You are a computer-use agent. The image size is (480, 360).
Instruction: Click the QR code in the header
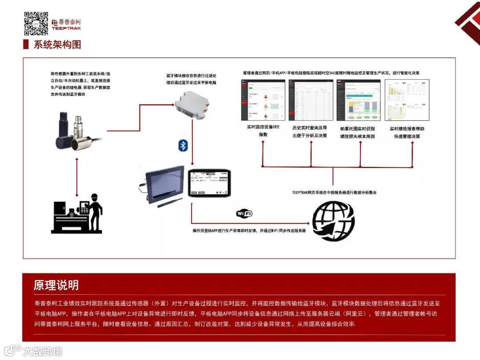[x=36, y=24]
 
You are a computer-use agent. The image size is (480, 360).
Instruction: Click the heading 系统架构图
[x=57, y=44]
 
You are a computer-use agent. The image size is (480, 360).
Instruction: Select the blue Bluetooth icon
[x=183, y=145]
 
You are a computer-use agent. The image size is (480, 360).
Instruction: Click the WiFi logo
[x=244, y=213]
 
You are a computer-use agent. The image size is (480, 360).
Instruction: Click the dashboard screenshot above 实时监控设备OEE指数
[x=263, y=100]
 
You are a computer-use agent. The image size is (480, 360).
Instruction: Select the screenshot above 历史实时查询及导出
[x=311, y=100]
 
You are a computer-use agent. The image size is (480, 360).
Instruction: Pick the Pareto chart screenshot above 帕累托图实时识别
[x=358, y=100]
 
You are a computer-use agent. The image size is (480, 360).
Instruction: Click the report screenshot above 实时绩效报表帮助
[x=407, y=100]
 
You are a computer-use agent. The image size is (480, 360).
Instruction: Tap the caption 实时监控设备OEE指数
[x=264, y=131]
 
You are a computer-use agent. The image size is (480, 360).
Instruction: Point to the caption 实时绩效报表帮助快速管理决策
[x=407, y=132]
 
